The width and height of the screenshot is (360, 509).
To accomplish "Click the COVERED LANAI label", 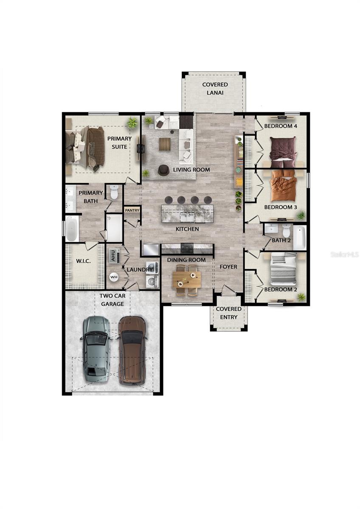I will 214,89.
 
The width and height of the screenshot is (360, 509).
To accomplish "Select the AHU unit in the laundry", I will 113,255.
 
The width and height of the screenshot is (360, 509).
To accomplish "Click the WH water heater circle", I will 114,277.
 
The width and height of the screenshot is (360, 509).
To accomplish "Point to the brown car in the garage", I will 132,350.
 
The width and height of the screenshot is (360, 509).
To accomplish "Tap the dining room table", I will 187,280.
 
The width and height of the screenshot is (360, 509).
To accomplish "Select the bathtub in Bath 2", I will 299,237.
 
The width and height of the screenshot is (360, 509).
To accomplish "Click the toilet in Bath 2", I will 287,231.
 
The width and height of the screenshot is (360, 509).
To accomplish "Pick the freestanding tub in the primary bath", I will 72,229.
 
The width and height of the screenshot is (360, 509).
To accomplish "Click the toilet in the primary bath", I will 114,193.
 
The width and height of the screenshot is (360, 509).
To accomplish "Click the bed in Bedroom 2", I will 284,269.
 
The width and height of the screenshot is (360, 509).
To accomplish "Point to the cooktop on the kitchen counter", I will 187,248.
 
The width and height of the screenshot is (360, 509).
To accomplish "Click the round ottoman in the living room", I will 163,170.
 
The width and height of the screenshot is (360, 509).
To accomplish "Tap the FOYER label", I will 228,266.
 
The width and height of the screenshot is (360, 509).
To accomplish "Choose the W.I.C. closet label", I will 83,260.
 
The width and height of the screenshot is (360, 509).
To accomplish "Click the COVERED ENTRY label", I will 228,313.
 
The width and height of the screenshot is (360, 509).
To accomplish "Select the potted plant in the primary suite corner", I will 132,123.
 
